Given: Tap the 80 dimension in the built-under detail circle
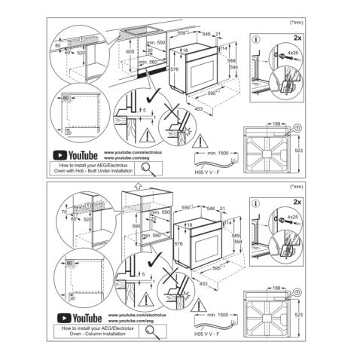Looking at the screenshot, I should pos(57,46).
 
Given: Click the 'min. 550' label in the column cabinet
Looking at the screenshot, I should pos(157,212).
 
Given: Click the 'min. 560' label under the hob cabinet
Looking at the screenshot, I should pos(157,63).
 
